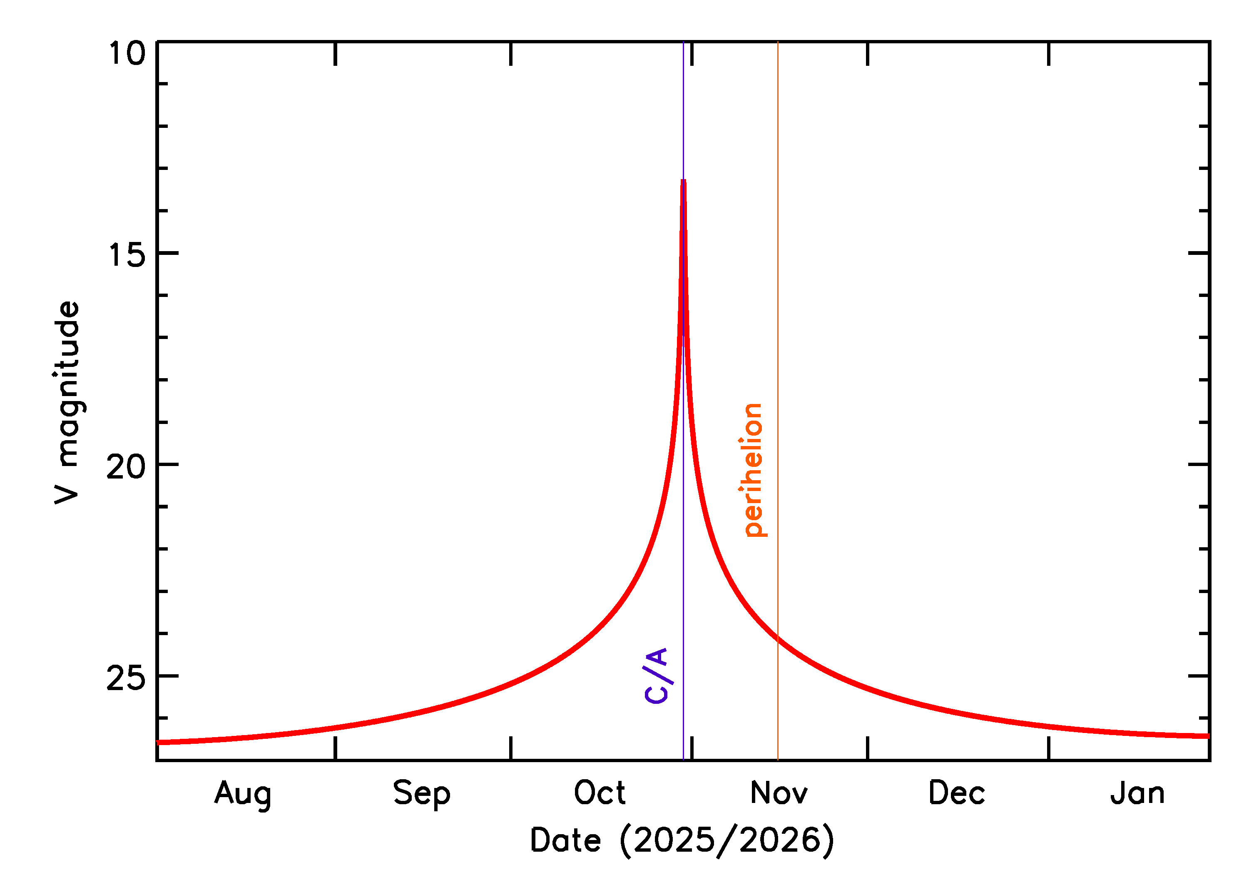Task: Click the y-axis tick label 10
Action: (x=127, y=54)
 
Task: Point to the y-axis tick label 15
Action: (x=127, y=254)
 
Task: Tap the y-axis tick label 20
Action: (x=127, y=466)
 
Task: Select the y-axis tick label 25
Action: (x=127, y=678)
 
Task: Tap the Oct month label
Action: (x=600, y=793)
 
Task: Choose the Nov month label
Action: (x=779, y=793)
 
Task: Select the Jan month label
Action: (x=1137, y=793)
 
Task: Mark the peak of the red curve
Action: (x=683, y=181)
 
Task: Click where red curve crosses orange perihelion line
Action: (x=777, y=639)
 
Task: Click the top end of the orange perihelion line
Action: (x=777, y=42)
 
